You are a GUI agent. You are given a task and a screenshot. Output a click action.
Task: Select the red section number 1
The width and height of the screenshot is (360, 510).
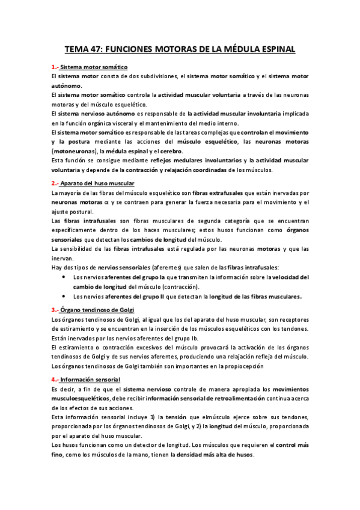(54, 67)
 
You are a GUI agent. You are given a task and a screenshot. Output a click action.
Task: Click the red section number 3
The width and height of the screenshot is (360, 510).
(54, 309)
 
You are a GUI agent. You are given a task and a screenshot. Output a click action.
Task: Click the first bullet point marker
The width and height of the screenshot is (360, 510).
(65, 277)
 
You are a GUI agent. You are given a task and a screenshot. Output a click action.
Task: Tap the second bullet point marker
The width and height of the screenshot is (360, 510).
(65, 296)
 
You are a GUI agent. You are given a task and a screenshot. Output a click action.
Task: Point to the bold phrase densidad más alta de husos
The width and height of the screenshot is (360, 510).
(214, 455)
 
